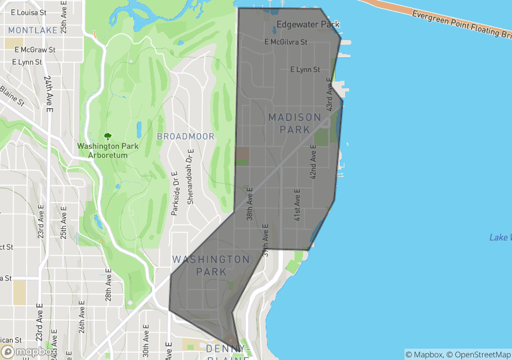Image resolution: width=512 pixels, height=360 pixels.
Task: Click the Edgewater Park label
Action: click(x=308, y=25)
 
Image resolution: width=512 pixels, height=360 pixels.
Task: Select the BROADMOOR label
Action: click(x=186, y=136)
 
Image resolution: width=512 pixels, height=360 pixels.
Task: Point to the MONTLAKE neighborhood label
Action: click(x=33, y=31)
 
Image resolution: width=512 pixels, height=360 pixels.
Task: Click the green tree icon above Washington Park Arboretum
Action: click(x=107, y=136)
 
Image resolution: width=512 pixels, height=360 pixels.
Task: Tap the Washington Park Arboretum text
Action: click(x=107, y=150)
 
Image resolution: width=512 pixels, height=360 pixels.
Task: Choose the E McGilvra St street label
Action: click(x=286, y=42)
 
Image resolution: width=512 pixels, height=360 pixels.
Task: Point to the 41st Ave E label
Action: click(x=298, y=204)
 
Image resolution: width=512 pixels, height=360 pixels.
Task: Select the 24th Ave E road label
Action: click(x=49, y=93)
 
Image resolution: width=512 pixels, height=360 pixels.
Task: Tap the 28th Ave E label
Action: click(x=108, y=286)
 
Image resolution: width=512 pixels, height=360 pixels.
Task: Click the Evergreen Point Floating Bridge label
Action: click(x=461, y=23)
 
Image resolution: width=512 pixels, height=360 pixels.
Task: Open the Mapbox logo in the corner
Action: click(x=29, y=351)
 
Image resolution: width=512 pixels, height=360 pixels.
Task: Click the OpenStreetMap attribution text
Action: click(x=477, y=354)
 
